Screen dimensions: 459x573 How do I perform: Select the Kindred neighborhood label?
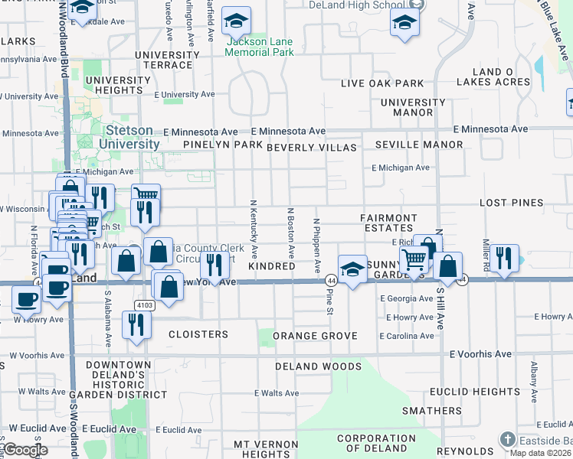(272, 266)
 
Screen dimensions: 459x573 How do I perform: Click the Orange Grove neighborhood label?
(315, 336)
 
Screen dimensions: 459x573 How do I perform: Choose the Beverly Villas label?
(312, 147)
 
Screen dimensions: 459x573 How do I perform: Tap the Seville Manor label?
(419, 145)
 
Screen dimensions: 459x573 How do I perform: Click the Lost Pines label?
(511, 203)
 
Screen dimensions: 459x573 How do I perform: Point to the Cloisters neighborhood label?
(198, 334)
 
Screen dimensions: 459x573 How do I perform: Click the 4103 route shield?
(145, 304)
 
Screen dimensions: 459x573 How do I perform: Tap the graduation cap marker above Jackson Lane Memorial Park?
(237, 21)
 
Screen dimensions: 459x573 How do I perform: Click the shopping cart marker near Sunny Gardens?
(414, 259)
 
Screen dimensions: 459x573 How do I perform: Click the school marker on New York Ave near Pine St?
(352, 269)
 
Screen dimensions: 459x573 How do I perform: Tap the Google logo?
(25, 450)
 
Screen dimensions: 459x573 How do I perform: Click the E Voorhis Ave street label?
(480, 354)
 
